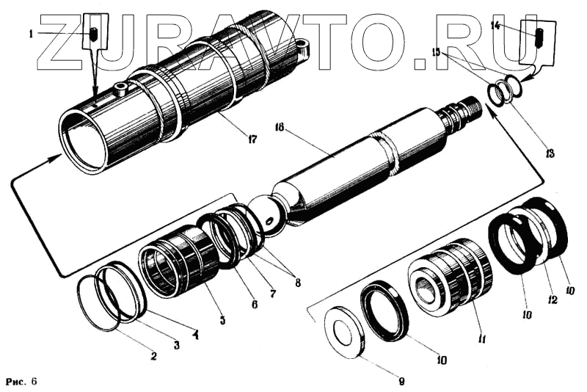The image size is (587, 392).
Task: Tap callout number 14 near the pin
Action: pos(495,26)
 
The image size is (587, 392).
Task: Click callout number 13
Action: pos(550,153)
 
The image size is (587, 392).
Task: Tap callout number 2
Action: pos(153,357)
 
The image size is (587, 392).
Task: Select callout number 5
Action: pos(222,320)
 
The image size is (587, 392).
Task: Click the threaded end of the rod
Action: pos(462,117)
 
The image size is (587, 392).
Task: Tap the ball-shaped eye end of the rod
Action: pos(266,214)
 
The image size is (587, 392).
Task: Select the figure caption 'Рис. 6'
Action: pos(21,382)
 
